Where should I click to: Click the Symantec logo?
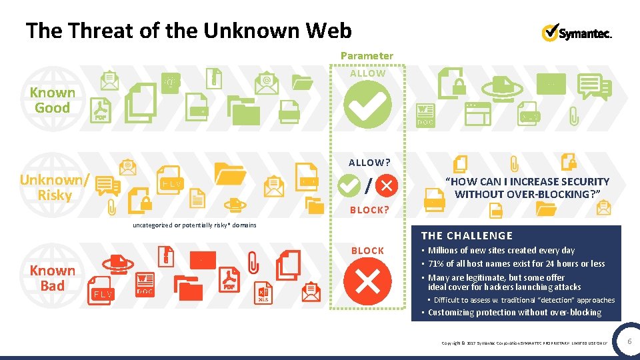coord(577,33)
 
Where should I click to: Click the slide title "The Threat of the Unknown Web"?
coord(188,30)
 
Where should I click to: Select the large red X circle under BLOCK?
coord(367,281)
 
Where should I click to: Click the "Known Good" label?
coord(53,100)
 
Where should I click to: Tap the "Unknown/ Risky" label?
coord(55,187)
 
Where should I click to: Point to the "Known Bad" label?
coord(52,278)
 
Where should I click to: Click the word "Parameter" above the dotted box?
coord(367,56)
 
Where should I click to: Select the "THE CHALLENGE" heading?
coord(467,235)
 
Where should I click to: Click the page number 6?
coord(629,341)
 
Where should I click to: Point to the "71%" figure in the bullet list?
coord(437,264)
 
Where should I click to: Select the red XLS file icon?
coord(264,293)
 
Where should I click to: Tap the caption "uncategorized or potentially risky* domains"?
coord(195,225)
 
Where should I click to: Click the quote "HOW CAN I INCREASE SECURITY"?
coord(527,181)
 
